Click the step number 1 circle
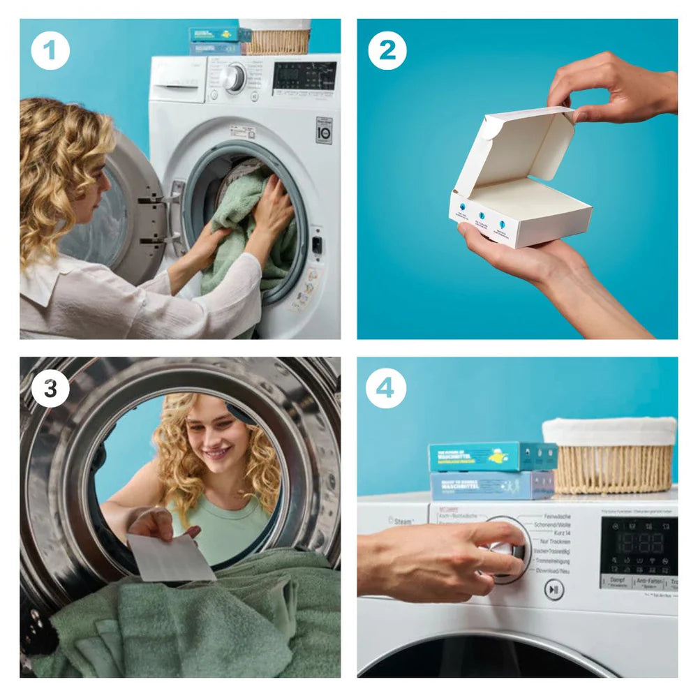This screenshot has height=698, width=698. [x=50, y=50]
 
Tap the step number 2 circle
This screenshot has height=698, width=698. [x=387, y=50]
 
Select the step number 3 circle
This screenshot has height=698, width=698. [x=50, y=389]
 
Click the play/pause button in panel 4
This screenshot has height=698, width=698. [x=554, y=590]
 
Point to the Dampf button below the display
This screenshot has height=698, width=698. [x=617, y=581]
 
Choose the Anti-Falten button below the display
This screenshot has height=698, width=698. [x=649, y=581]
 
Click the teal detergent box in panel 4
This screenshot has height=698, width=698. [x=491, y=456]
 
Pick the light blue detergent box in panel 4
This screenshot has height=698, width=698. [x=491, y=486]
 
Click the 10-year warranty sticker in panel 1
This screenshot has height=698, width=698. [x=323, y=131]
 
